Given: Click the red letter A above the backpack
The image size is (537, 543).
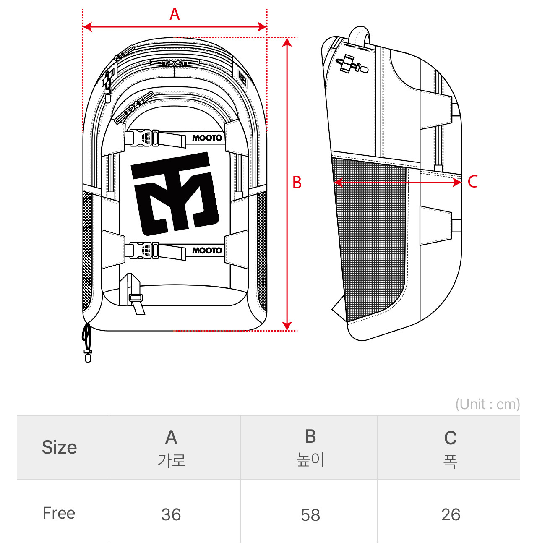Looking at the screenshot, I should click(175, 14).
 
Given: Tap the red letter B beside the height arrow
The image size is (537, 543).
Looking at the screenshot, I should click(297, 183).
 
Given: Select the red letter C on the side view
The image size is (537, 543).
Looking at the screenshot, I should click(473, 182).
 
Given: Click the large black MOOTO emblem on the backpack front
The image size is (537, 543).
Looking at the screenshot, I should click(175, 194).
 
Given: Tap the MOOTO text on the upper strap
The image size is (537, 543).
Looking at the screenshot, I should click(207, 138).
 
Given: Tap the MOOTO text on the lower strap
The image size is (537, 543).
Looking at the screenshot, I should click(207, 251).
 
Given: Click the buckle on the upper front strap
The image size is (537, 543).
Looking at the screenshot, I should click(143, 138).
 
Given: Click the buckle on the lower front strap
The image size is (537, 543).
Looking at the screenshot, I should click(143, 250).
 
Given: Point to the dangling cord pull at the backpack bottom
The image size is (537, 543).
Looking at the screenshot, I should click(87, 342).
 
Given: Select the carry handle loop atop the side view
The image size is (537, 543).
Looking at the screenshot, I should click(360, 35).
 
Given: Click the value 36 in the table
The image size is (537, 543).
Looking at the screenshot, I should click(171, 514).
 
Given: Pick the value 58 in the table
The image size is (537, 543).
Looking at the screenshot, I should click(310, 515).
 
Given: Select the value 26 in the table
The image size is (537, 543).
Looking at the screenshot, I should click(451, 514).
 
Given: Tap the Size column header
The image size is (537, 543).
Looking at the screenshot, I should click(60, 447).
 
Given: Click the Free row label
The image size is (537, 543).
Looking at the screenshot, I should click(59, 513).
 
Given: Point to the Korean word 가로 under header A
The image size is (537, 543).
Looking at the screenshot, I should click(171, 460).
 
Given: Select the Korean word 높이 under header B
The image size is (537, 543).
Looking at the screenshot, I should click(310, 459).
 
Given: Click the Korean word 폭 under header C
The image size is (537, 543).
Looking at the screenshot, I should click(450, 461).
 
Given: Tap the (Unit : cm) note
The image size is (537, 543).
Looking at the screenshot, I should click(487, 404).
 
